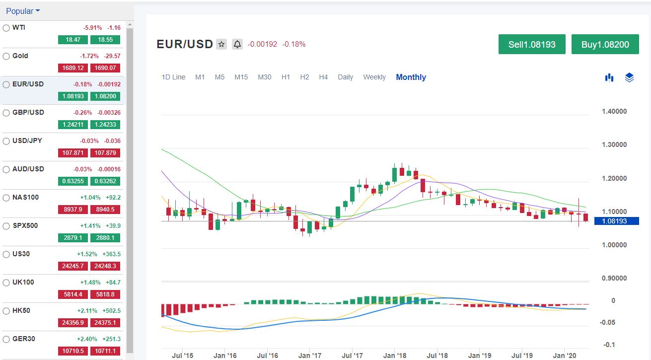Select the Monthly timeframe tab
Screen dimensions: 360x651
click(411, 77)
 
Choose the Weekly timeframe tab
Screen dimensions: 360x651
click(374, 77)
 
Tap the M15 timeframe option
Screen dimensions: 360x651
click(241, 77)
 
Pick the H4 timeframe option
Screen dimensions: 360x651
click(323, 77)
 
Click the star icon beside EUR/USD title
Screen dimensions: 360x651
click(221, 44)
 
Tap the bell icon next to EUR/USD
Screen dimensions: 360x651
click(237, 44)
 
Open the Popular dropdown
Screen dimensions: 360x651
click(23, 11)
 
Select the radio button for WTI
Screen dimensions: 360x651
click(6, 28)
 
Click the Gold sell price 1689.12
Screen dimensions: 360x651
click(72, 68)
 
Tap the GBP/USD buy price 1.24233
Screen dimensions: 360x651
click(105, 125)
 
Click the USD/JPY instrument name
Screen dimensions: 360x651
click(28, 141)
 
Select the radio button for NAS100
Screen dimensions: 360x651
click(6, 198)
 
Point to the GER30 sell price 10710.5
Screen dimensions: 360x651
click(72, 351)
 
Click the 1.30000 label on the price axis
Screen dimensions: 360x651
click(614, 145)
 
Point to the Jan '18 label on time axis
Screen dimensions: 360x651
click(395, 356)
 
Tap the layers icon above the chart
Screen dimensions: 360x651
click(629, 77)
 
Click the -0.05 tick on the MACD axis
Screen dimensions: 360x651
click(608, 322)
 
